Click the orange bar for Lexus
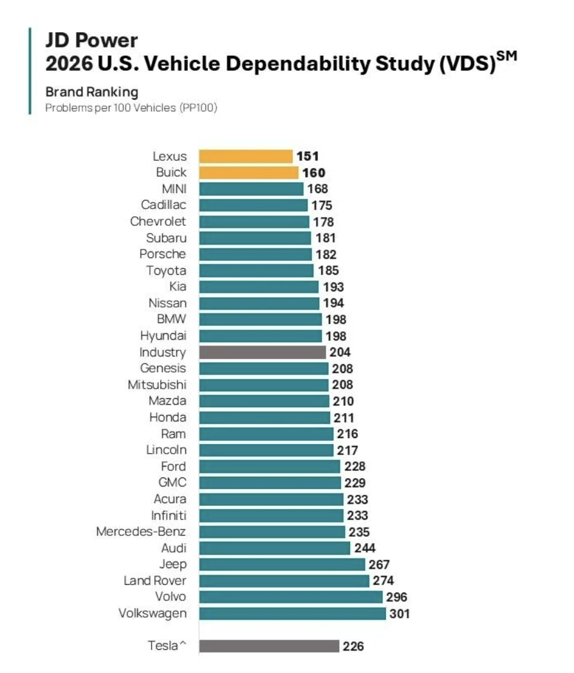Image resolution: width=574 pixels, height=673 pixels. click(245, 156)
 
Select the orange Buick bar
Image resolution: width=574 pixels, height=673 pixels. click(248, 172)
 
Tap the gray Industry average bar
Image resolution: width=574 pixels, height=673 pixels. click(262, 352)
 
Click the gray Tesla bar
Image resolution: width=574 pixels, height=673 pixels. click(269, 646)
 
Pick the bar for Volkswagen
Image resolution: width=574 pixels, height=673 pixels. click(292, 613)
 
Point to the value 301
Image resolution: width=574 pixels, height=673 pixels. click(399, 614)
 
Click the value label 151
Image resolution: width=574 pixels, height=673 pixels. click(308, 156)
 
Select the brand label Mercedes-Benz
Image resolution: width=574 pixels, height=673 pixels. click(141, 531)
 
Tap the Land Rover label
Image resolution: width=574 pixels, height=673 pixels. click(155, 580)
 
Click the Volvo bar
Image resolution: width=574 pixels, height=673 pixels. click(290, 597)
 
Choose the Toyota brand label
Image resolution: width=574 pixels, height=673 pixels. click(166, 270)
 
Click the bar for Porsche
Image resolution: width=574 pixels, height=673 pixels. click(255, 254)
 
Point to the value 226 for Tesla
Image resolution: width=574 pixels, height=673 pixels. click(353, 646)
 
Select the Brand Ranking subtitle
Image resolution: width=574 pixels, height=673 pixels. click(91, 92)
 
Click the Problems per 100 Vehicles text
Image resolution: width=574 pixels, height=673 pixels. click(131, 107)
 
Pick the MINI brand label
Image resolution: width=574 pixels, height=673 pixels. click(174, 189)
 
